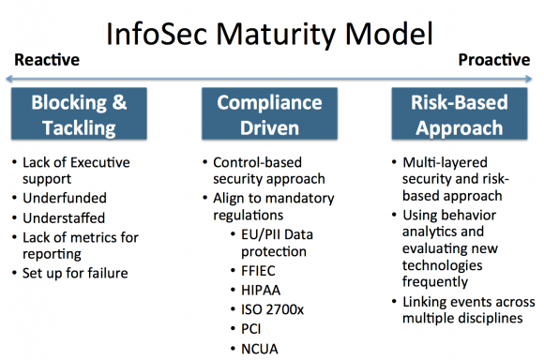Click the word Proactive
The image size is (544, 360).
pyautogui.click(x=494, y=61)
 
